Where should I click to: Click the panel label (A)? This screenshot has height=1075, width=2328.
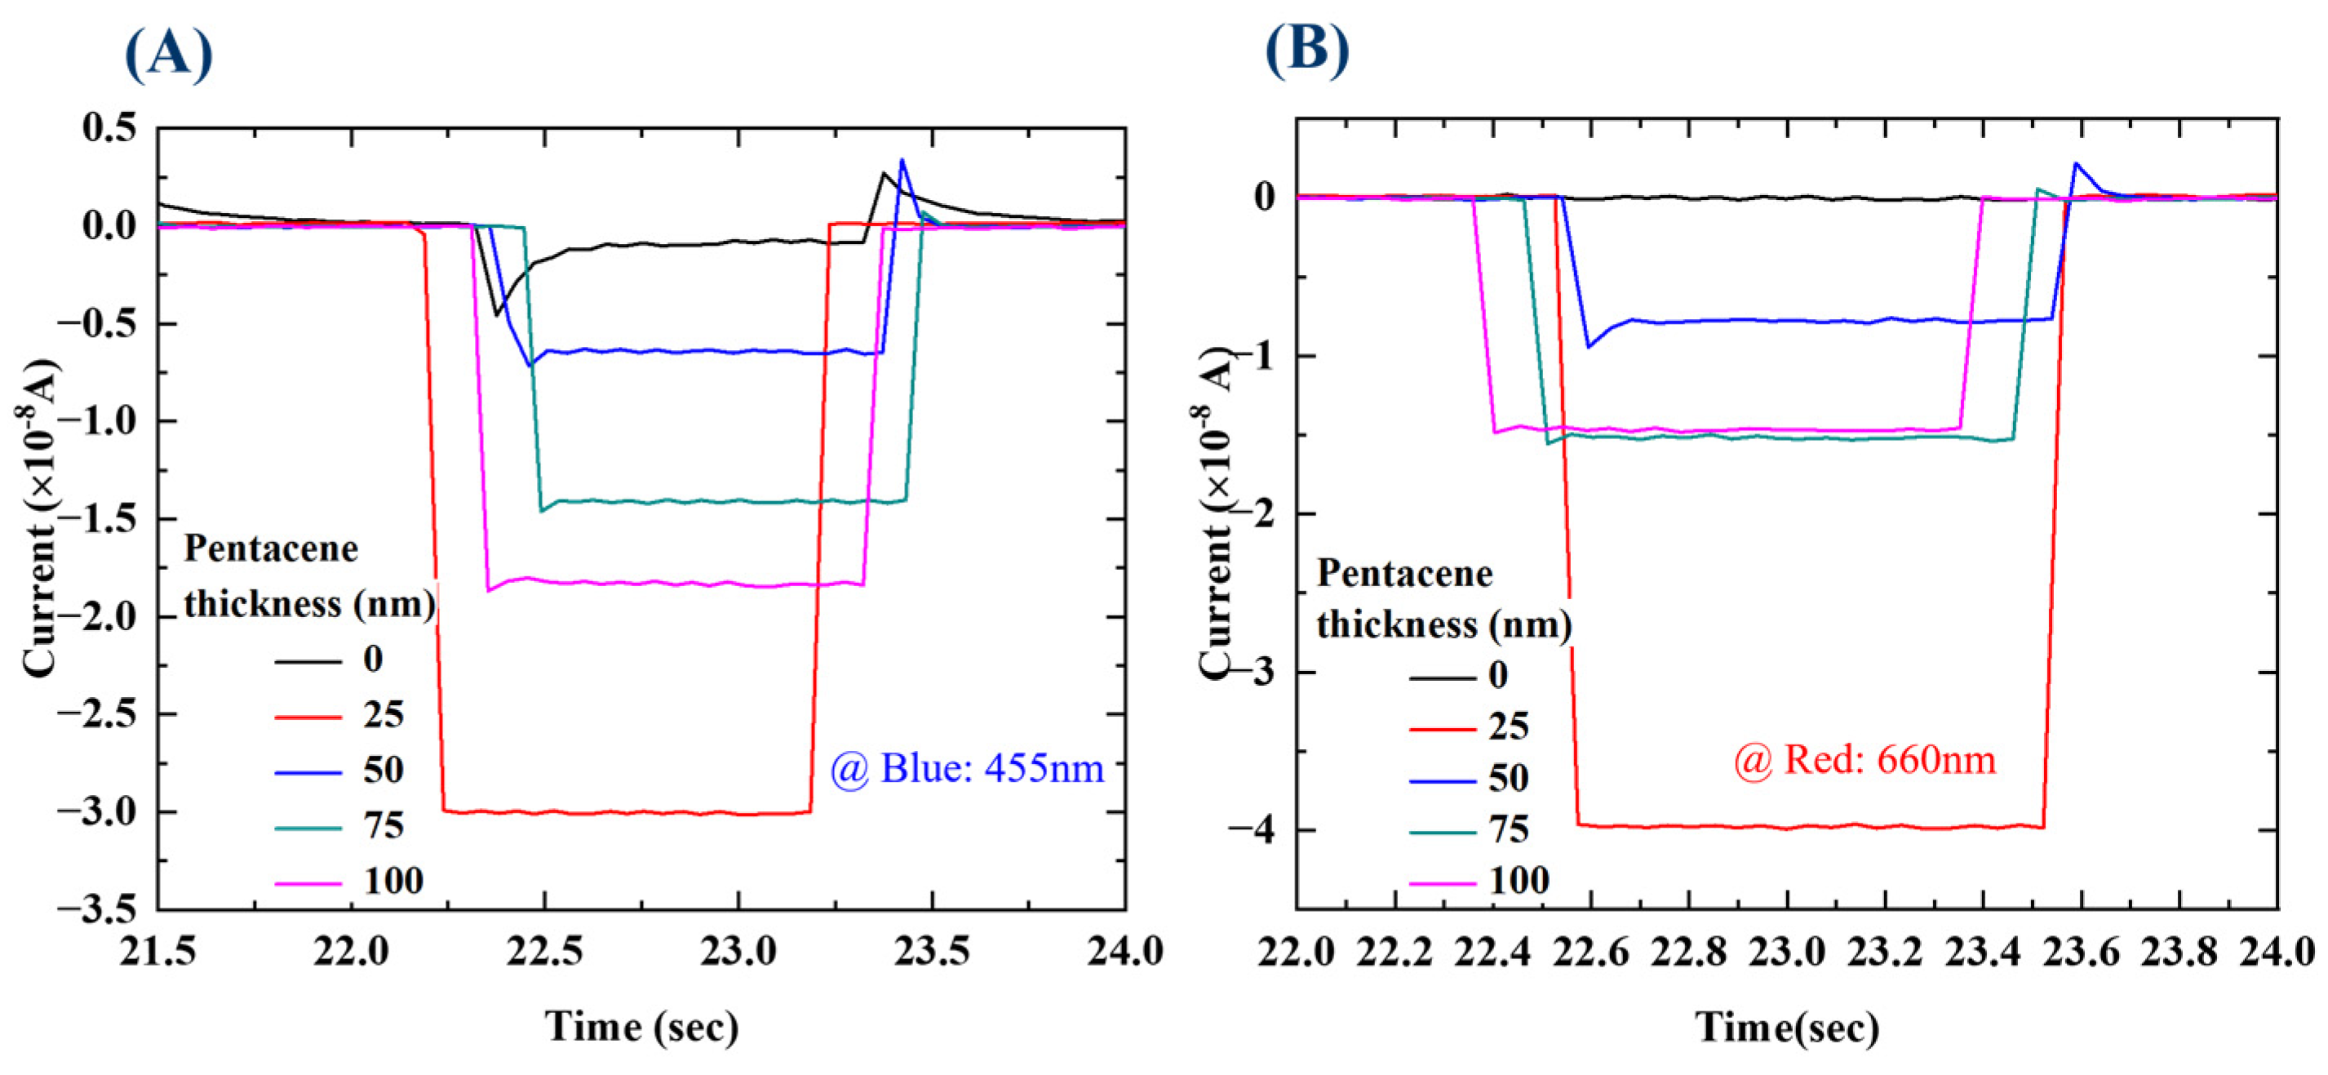168,54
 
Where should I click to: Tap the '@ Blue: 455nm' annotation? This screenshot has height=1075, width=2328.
967,769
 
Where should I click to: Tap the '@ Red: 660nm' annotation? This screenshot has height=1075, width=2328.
1865,759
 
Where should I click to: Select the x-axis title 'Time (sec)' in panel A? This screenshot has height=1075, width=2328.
641,1026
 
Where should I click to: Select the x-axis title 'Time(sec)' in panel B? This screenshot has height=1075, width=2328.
1787,1026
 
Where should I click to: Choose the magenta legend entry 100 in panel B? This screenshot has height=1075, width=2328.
1519,880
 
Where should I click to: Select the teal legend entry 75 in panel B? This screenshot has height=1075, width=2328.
1508,829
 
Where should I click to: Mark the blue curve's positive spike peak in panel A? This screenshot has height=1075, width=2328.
902,161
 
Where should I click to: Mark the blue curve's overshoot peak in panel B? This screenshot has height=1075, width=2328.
2076,163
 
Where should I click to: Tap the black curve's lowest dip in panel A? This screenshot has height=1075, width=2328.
496,314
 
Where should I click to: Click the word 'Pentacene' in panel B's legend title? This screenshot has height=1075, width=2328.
1404,573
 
